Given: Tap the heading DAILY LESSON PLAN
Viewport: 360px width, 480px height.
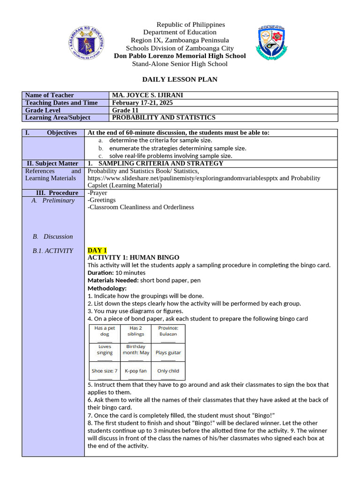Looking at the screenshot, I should coord(180,79).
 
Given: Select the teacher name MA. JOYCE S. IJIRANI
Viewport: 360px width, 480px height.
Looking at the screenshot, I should coord(148,95).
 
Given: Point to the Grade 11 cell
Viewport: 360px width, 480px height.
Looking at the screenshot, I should coord(125,110).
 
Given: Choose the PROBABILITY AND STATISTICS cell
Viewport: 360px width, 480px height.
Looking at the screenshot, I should coord(164,118).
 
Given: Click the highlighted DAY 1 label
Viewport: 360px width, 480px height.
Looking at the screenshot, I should coord(97,250).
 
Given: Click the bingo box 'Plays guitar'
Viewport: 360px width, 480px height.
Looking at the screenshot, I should coord(168,352).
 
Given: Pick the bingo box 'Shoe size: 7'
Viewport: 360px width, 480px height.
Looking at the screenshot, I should coord(105,371).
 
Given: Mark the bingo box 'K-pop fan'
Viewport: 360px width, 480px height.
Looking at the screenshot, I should coord(135,371).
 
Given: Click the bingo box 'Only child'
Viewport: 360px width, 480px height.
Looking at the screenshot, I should coord(168,371).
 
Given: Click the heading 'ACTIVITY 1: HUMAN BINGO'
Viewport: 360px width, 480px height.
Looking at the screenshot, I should coord(133,258).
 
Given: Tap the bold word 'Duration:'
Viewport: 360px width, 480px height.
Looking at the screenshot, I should coord(101,272).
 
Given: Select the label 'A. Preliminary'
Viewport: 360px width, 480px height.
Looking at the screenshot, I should coord(53,201).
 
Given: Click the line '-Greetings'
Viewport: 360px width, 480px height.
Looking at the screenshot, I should coord(102,200).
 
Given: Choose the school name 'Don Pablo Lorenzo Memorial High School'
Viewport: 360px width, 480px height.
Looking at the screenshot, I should coord(180,56).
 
